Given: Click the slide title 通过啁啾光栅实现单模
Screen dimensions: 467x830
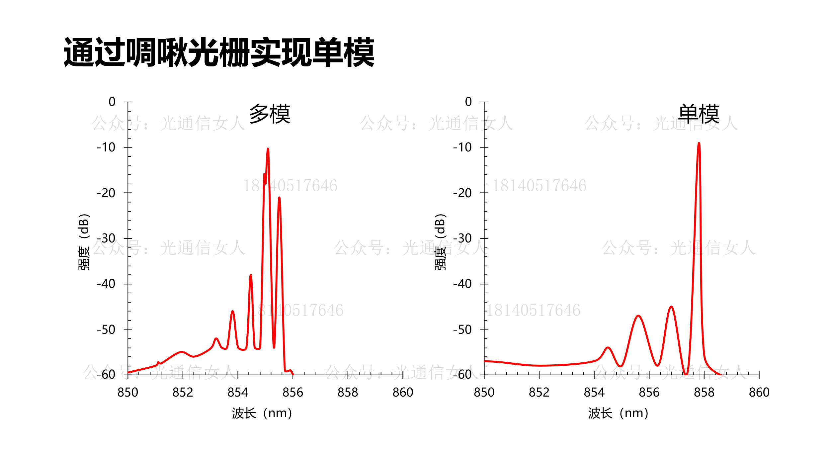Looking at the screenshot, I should click(x=219, y=52).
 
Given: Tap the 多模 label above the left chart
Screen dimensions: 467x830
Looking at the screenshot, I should click(x=270, y=114).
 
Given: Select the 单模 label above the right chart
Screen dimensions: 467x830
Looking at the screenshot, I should click(x=699, y=114).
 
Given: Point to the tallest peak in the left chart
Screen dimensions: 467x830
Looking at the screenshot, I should click(x=268, y=149).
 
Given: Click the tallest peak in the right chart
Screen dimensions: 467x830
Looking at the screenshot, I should click(x=699, y=143).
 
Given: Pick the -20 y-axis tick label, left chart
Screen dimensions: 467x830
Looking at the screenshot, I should click(x=106, y=193).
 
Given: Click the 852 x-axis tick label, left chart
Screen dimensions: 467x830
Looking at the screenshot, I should click(x=183, y=393).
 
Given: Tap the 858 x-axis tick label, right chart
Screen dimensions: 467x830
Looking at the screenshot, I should click(x=704, y=393).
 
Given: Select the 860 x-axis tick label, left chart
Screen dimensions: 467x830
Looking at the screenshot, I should click(x=403, y=393).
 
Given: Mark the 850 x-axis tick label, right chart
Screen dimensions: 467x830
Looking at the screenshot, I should click(x=484, y=393).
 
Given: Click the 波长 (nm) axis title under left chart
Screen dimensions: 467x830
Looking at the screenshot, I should click(x=262, y=414).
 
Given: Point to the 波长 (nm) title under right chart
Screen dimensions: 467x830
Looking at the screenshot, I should click(x=618, y=414).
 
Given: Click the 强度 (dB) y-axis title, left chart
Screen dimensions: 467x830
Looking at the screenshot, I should click(x=84, y=241).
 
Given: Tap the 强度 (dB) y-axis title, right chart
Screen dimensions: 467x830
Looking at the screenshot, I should click(x=440, y=241).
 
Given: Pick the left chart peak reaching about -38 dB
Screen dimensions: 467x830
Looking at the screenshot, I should click(x=251, y=275).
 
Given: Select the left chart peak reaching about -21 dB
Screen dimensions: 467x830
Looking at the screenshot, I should click(x=279, y=198).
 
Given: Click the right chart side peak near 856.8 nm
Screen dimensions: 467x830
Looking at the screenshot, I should click(x=671, y=307).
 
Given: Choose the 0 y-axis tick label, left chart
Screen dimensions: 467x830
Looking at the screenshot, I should click(x=112, y=102).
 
